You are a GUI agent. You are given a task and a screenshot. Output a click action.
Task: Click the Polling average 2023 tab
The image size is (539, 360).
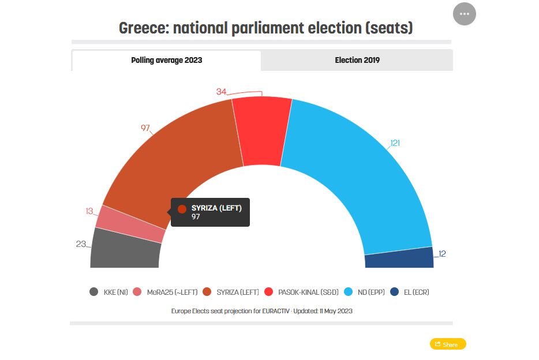[x=166, y=60]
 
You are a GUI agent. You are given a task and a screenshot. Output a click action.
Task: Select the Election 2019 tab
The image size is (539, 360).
[x=357, y=60]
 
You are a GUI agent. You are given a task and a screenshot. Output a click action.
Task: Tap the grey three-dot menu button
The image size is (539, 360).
[x=465, y=14]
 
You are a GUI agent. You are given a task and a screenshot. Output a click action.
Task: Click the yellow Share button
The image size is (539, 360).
[x=448, y=344]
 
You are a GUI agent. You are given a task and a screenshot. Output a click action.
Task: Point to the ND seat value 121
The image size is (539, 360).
[x=395, y=143]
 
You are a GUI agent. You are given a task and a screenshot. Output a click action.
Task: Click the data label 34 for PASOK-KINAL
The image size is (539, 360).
[x=221, y=92]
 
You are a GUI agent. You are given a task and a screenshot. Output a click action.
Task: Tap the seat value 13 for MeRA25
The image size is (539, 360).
[x=89, y=211]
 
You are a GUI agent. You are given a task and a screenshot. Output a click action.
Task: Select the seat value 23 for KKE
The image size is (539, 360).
[x=81, y=244]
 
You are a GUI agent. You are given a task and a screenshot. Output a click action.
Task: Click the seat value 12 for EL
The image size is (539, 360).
[x=442, y=254]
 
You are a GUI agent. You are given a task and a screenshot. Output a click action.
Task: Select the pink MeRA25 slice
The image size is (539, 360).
[x=129, y=223]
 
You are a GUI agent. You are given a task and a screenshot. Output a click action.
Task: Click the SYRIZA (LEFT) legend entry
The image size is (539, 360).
[x=233, y=292]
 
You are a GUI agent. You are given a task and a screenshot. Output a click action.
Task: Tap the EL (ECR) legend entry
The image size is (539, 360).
[x=409, y=292]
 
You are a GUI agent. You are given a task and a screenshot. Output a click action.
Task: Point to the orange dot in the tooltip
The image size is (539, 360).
[x=182, y=209]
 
